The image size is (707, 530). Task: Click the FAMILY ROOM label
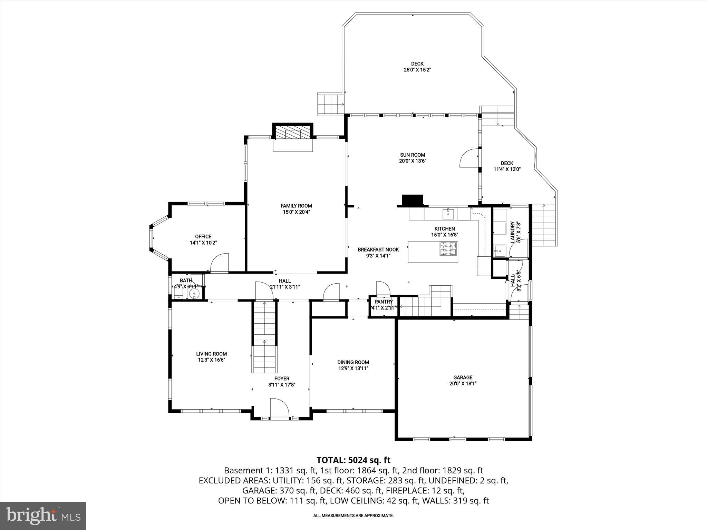click(296, 206)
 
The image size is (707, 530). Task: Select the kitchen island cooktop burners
click(448, 249)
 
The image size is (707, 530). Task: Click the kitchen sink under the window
click(448, 213)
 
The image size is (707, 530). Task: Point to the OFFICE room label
click(203, 236)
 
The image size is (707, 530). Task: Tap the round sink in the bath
click(195, 294)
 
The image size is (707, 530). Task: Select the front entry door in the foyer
click(279, 409)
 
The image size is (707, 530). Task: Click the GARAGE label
click(463, 377)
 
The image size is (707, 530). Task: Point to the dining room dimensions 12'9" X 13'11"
click(353, 369)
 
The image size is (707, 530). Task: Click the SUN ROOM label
click(413, 155)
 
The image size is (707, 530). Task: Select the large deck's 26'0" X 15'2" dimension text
click(417, 70)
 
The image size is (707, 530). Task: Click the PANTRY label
click(384, 302)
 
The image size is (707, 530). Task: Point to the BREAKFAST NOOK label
click(378, 249)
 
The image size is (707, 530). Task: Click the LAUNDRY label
click(513, 232)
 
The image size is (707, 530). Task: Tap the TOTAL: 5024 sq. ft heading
click(353, 460)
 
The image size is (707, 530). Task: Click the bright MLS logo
click(43, 516)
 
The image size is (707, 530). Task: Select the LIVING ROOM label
click(212, 354)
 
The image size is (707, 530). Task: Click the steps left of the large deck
click(331, 104)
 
